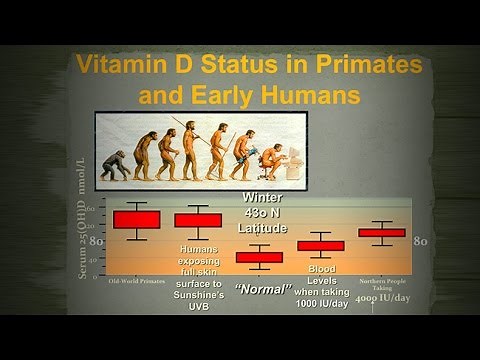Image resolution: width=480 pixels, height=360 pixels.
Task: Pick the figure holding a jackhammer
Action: tap(241, 154)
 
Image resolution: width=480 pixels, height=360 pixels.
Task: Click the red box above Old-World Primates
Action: tap(137, 219)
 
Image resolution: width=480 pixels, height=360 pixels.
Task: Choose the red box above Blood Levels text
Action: tap(320, 245)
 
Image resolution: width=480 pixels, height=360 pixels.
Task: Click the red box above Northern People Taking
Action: tap(381, 232)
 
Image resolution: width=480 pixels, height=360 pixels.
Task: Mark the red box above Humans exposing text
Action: tap(198, 220)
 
